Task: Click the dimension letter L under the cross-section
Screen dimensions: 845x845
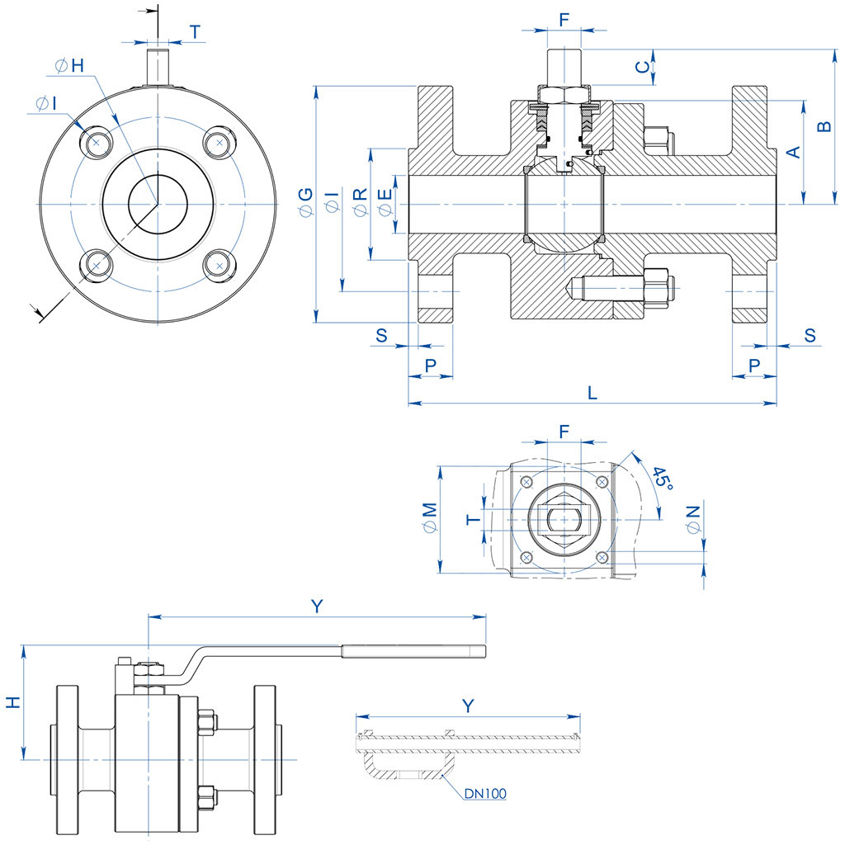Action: (x=592, y=392)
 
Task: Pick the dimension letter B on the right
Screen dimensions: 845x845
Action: (x=823, y=126)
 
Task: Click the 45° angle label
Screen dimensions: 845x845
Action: (x=662, y=479)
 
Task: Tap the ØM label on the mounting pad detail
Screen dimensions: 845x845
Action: (x=428, y=519)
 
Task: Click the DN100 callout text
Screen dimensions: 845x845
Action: (x=484, y=794)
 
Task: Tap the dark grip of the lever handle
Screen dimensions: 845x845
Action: (x=413, y=652)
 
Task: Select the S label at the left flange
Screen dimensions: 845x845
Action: (x=381, y=335)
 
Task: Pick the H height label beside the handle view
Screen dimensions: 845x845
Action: (x=12, y=702)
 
